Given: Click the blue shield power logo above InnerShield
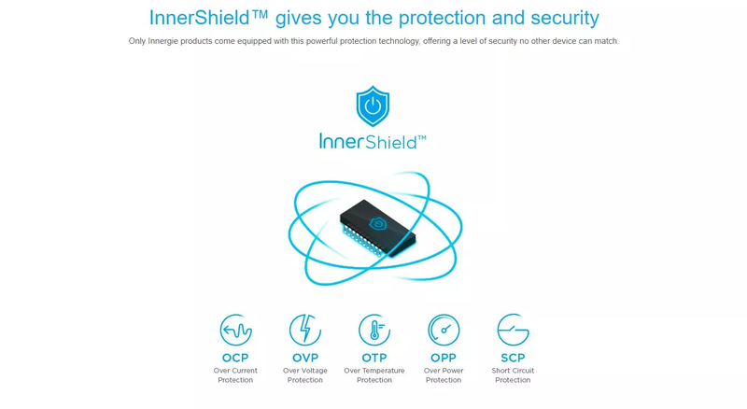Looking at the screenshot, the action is pyautogui.click(x=373, y=106).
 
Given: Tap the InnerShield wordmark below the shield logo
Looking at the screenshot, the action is pyautogui.click(x=373, y=142).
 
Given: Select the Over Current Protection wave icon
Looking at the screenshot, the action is pyautogui.click(x=236, y=330).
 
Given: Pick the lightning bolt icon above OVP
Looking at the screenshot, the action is pyautogui.click(x=305, y=330).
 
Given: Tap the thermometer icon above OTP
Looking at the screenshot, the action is pyautogui.click(x=374, y=330).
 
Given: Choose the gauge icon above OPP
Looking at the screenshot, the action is pyautogui.click(x=444, y=330).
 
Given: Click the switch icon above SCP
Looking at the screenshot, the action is pyautogui.click(x=513, y=330).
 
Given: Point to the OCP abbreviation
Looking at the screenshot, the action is pyautogui.click(x=235, y=358).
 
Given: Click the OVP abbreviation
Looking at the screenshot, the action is pyautogui.click(x=305, y=358).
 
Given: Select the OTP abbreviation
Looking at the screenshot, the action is pyautogui.click(x=374, y=358).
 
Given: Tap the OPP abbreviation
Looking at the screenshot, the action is pyautogui.click(x=444, y=358).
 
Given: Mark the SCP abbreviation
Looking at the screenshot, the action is pyautogui.click(x=513, y=358).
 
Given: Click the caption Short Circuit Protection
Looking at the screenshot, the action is pyautogui.click(x=513, y=375).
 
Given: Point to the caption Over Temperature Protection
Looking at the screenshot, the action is pyautogui.click(x=374, y=375).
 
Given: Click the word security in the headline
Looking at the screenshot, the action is pyautogui.click(x=565, y=18).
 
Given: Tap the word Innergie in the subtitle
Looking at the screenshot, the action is pyautogui.click(x=162, y=41).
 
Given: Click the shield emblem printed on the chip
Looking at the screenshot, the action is pyautogui.click(x=377, y=223).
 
